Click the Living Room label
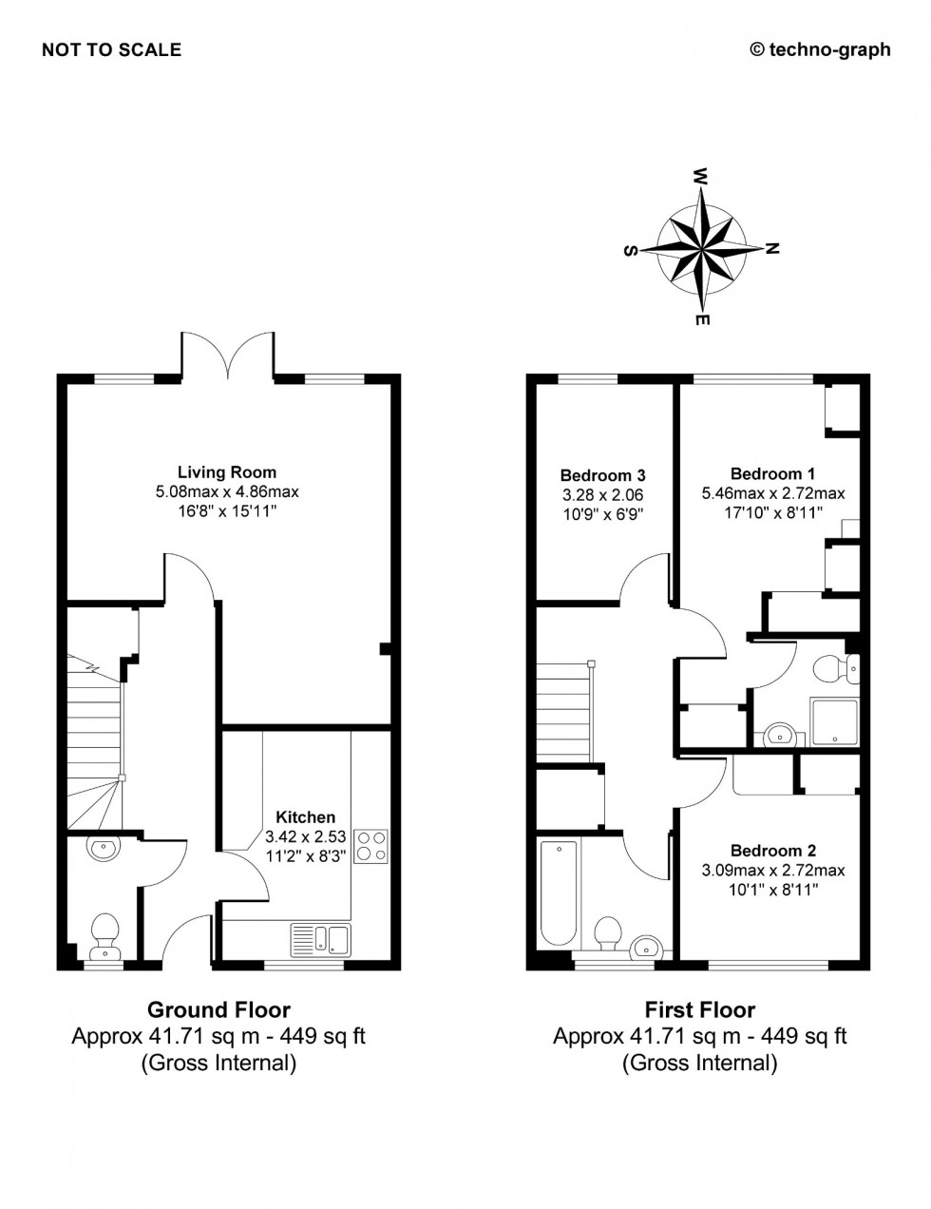(227, 472)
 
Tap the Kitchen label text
(305, 817)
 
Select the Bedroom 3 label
(602, 475)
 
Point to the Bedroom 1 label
(772, 473)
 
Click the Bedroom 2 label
(772, 851)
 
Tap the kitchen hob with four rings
(370, 846)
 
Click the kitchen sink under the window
(321, 939)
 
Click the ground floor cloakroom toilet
(104, 935)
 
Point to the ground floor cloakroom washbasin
(101, 847)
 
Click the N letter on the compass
(772, 249)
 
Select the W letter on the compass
(701, 177)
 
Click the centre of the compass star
(701, 249)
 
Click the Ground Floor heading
(218, 1009)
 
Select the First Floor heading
(700, 1009)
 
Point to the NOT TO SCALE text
(111, 50)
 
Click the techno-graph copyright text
(821, 50)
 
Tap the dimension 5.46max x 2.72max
(772, 493)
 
